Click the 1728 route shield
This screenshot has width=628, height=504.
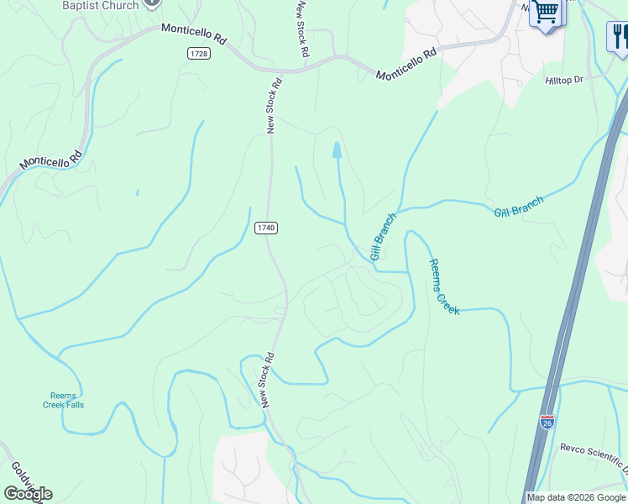point(198,53)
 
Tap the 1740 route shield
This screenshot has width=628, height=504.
point(265,228)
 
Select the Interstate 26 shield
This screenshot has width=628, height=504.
point(547,423)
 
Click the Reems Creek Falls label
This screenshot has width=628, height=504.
point(64,400)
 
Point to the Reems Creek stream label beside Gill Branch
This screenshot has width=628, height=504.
point(444,286)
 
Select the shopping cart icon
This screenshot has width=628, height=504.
point(547,13)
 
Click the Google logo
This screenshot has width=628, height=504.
point(28,494)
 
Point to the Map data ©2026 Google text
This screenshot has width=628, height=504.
point(577,497)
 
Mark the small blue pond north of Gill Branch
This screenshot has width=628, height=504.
point(337,150)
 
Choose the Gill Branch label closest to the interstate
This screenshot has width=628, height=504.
point(518,207)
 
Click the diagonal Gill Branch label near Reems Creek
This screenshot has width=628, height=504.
point(383,236)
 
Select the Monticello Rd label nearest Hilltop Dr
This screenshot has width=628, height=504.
point(407,64)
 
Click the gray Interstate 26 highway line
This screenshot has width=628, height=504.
point(579,277)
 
